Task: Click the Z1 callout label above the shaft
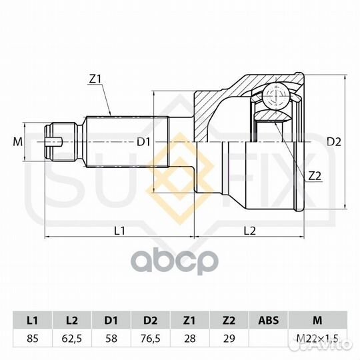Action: (x=95, y=79)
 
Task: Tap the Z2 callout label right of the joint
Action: (x=315, y=176)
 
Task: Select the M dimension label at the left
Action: (x=18, y=141)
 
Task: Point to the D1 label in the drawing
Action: (x=143, y=142)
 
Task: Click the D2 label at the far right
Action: (x=334, y=142)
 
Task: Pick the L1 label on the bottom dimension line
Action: (x=119, y=230)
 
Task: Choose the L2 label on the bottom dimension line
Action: (x=250, y=230)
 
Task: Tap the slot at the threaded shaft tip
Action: (x=54, y=142)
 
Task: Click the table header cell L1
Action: (x=33, y=320)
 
